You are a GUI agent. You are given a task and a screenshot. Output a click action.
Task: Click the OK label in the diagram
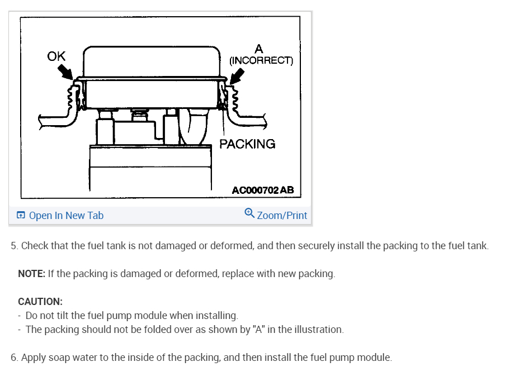[x=56, y=56]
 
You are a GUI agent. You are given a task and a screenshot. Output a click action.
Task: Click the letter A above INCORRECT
[x=258, y=49]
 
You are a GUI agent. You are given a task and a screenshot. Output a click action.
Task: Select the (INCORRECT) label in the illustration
[x=261, y=60]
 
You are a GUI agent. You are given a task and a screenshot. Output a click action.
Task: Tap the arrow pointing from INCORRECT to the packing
[x=237, y=75]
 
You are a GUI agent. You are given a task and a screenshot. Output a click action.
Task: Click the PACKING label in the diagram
[x=247, y=144]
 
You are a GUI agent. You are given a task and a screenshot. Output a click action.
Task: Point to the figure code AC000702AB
[x=262, y=190]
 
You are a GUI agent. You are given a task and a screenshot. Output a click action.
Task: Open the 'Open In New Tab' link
[x=66, y=216]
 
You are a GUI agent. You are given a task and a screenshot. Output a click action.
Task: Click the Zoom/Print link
[x=282, y=216]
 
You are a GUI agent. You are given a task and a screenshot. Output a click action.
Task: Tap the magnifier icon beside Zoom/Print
[x=249, y=213]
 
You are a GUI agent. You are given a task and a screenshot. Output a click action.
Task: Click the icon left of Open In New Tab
[x=21, y=216]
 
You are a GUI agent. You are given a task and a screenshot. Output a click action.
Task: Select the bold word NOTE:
[x=31, y=274]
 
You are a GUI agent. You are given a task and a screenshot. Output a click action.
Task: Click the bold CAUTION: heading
[x=40, y=302]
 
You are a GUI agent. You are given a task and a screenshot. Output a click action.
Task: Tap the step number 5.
[x=14, y=246]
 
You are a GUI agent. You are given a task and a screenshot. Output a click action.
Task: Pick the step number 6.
[x=14, y=358]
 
